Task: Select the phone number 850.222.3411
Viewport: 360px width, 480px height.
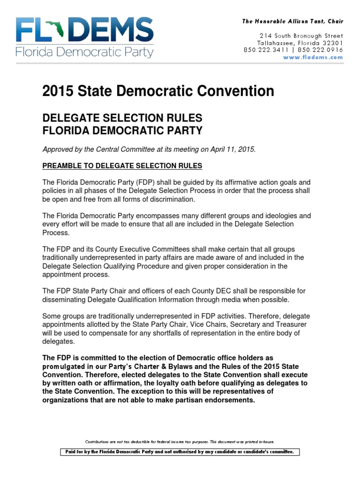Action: pyautogui.click(x=265, y=50)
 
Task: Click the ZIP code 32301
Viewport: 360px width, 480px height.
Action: pyautogui.click(x=330, y=43)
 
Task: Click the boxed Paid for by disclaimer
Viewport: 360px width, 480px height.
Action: pyautogui.click(x=180, y=452)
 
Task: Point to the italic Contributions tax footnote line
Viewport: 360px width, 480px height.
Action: pyautogui.click(x=180, y=442)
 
